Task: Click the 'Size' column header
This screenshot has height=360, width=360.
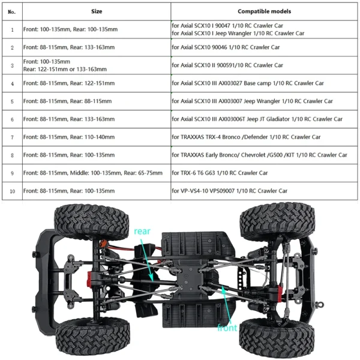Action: (97, 11)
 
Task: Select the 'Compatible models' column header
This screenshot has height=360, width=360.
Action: (264, 11)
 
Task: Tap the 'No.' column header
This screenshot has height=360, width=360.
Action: (12, 11)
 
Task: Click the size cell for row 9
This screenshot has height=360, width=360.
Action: (97, 173)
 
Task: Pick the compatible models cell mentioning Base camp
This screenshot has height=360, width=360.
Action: (264, 83)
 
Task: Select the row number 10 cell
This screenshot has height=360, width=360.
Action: (12, 191)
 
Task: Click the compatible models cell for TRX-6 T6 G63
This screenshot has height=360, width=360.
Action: (264, 173)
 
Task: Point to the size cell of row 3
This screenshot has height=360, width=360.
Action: (97, 65)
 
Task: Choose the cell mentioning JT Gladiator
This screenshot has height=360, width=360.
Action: (264, 119)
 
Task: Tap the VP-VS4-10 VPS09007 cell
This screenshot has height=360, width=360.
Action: (264, 191)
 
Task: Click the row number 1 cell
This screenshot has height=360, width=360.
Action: (12, 29)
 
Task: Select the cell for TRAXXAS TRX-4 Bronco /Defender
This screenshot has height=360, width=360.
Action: (264, 137)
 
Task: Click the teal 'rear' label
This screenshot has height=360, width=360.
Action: (142, 231)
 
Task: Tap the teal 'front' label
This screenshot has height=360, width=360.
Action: (227, 328)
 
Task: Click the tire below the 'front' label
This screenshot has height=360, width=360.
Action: (277, 337)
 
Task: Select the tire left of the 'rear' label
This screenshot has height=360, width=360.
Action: (91, 222)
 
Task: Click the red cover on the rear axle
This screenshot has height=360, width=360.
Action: (89, 279)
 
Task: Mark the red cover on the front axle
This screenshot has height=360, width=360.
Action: (280, 293)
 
